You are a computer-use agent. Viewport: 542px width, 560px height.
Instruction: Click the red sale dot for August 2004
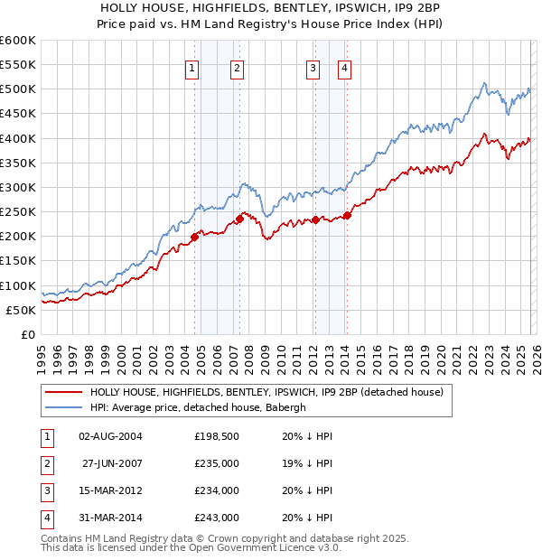pos(194,238)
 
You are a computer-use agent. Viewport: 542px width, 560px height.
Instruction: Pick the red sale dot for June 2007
pos(240,219)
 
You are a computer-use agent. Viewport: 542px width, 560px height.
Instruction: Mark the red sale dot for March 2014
pos(348,216)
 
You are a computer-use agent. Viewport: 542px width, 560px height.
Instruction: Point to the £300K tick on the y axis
pos(18,187)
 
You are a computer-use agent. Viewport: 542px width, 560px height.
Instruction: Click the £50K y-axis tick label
pos(22,310)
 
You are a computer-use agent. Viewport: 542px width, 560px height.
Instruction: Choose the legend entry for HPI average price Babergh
pos(198,407)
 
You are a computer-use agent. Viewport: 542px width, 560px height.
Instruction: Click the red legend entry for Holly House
pos(266,393)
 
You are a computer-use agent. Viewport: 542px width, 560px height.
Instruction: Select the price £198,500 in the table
pos(216,436)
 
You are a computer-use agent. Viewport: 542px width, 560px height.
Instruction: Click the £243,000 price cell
pos(216,518)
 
